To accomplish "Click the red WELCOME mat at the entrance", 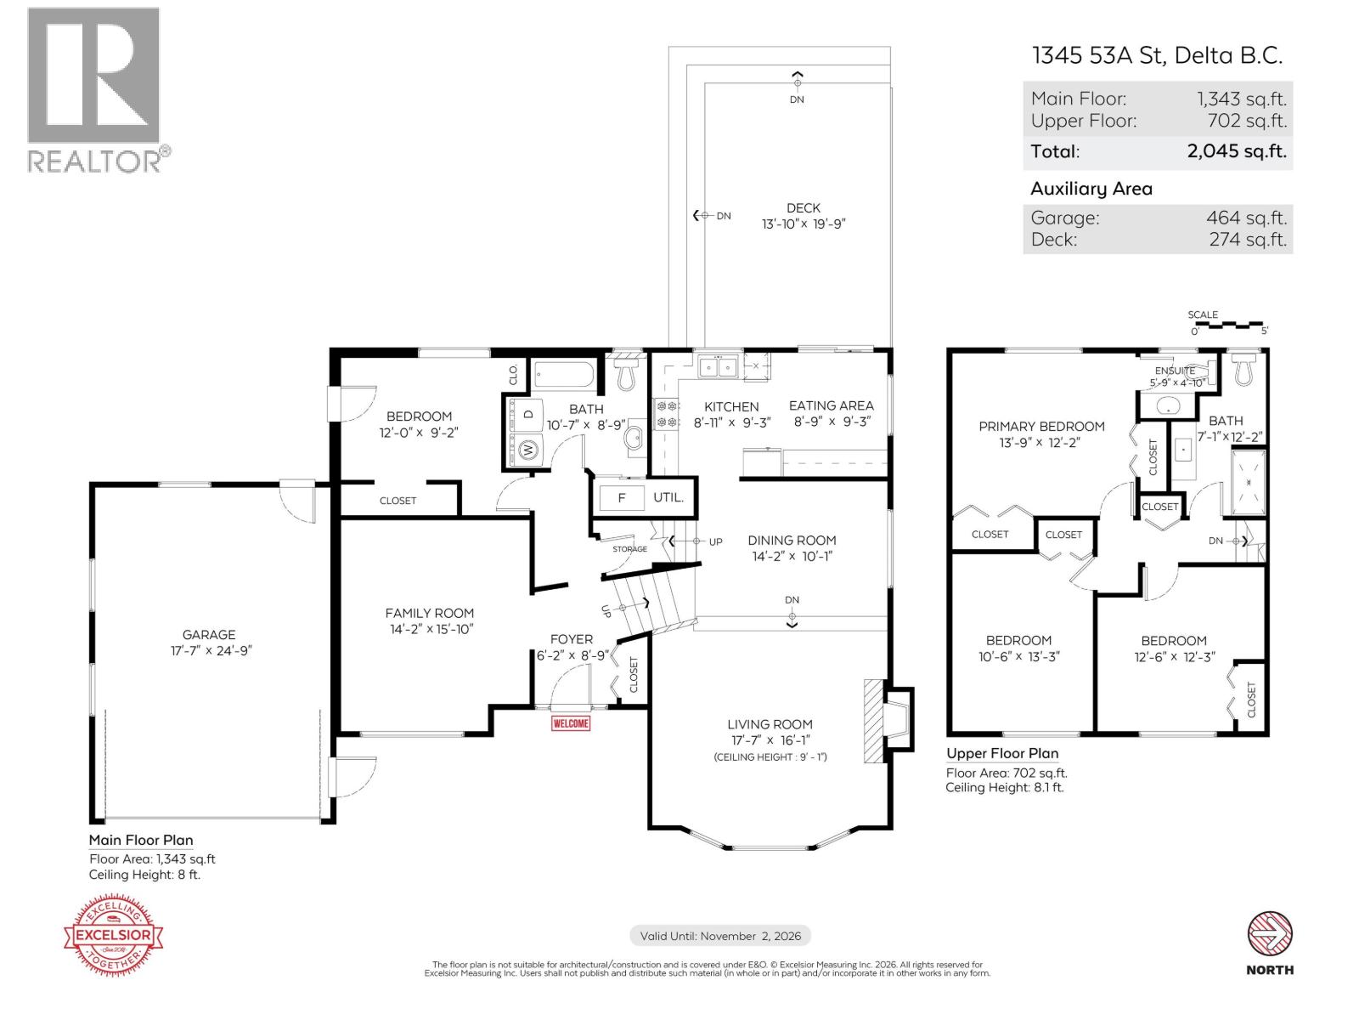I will [571, 723].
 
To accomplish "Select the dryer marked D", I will [528, 414].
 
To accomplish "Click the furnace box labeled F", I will [621, 498].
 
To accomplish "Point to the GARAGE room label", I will [209, 634].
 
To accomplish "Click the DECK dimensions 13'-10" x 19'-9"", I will [804, 224].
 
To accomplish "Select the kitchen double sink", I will [718, 367].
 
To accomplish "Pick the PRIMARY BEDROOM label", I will [1041, 427].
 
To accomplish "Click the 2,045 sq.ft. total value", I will [1236, 152].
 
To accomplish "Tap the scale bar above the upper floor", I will [1227, 324].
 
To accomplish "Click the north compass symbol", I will [1270, 934].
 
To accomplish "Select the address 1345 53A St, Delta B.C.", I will [1157, 55].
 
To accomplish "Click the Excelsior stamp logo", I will [114, 935].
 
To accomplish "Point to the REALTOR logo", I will [94, 89].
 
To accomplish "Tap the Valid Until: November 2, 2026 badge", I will [720, 936].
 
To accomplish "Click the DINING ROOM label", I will [792, 541].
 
